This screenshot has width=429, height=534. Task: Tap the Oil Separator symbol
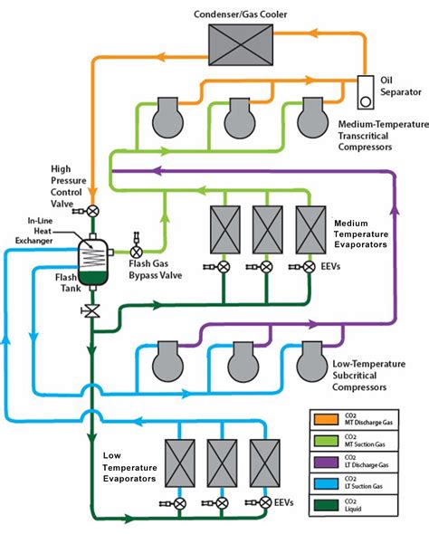367,91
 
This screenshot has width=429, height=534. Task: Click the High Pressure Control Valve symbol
92,210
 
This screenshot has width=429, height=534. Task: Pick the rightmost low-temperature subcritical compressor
314,364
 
